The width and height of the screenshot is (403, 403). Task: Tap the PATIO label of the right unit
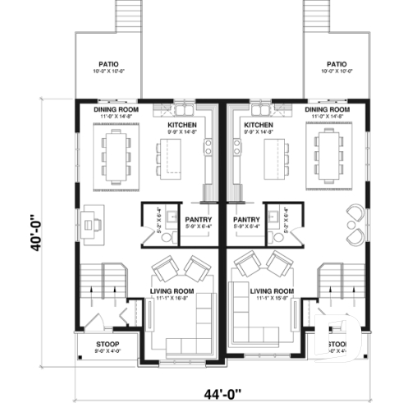point(337,63)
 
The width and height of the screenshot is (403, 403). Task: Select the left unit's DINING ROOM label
point(116,109)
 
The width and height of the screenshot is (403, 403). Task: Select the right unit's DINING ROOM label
point(326,109)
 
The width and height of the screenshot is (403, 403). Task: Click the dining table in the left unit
point(116,155)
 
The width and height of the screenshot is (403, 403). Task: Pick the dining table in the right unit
point(329,155)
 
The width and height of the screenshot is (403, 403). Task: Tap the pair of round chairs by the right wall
point(357,222)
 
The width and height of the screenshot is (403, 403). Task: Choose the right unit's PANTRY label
point(246,220)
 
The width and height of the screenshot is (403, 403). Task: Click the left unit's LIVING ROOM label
point(172,291)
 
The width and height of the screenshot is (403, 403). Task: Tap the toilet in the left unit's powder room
point(167,236)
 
